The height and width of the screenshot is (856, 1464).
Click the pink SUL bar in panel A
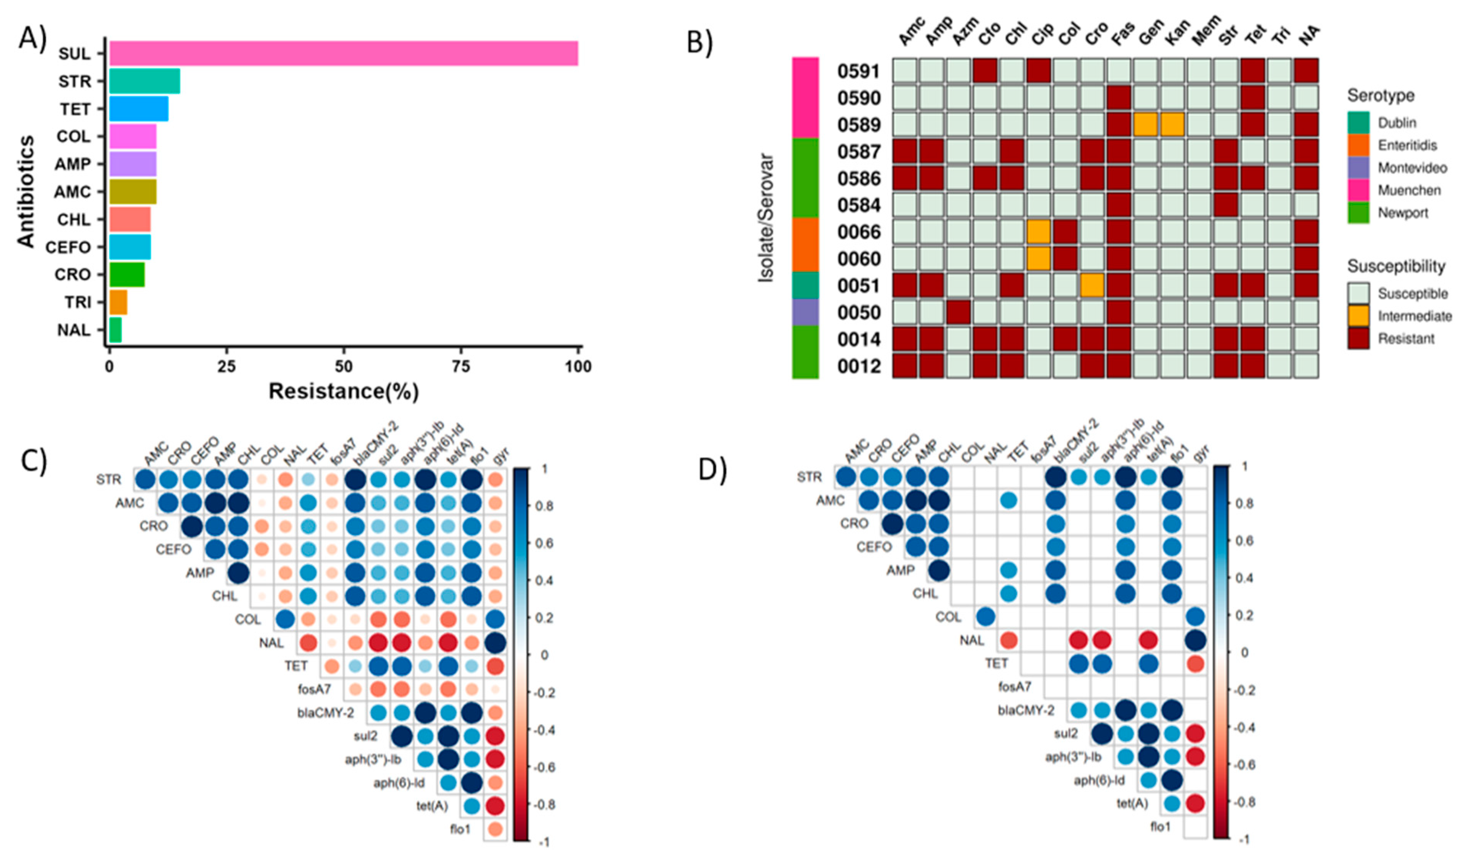click(x=343, y=53)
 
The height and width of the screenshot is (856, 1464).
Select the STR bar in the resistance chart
click(x=144, y=81)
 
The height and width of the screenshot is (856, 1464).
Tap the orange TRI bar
click(x=118, y=302)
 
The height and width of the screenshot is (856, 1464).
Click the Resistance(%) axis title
click(x=343, y=391)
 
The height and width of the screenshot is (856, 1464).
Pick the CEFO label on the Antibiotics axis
click(x=68, y=248)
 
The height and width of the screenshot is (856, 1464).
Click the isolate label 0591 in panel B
click(x=859, y=71)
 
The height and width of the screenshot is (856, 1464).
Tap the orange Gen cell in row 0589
click(x=1145, y=125)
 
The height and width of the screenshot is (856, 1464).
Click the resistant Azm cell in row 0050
click(x=958, y=312)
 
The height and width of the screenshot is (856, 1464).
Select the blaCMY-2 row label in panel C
click(x=326, y=712)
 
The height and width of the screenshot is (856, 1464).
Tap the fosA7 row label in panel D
click(x=1015, y=687)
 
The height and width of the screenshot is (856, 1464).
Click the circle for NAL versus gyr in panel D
click(x=1195, y=640)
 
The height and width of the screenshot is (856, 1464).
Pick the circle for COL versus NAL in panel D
click(x=985, y=616)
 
